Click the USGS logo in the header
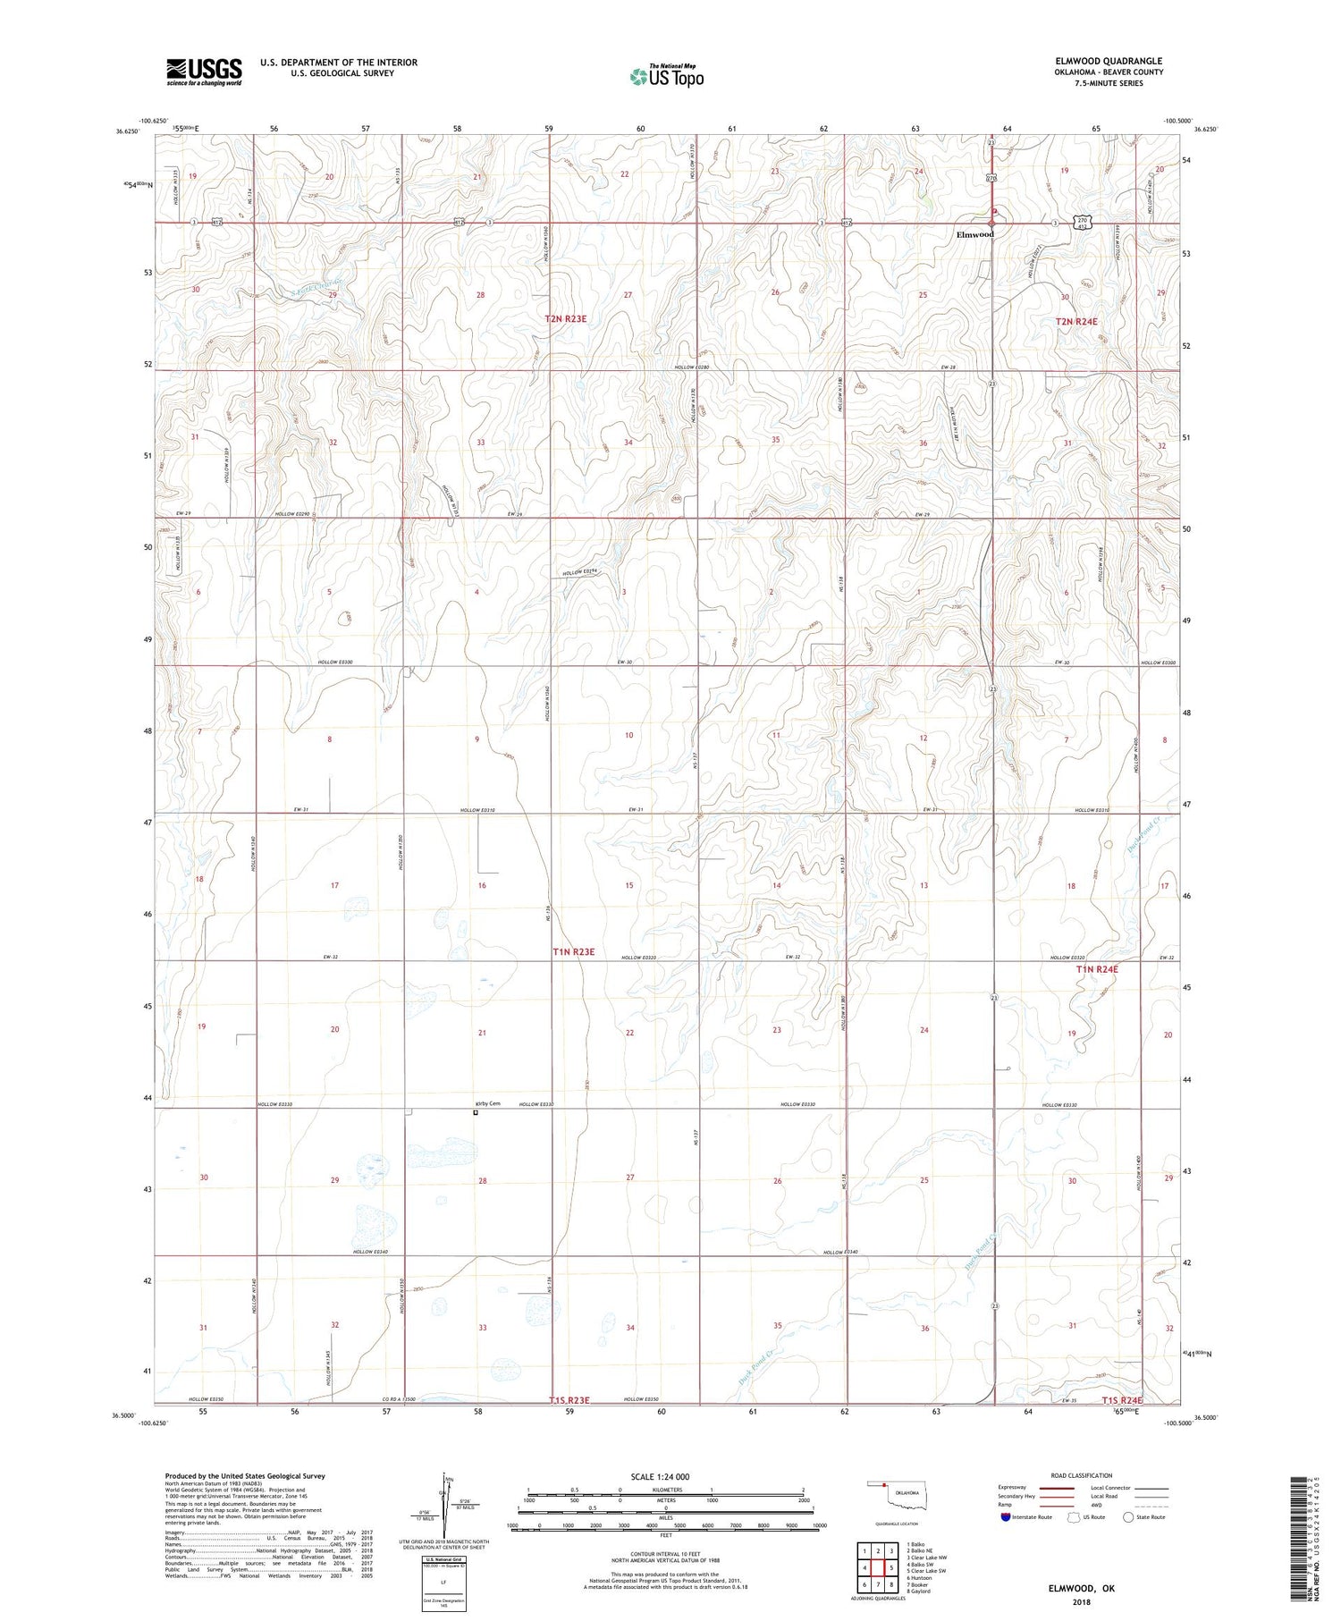(x=204, y=72)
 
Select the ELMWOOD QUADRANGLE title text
(x=1109, y=61)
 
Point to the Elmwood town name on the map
(x=974, y=234)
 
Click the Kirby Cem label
(x=487, y=1103)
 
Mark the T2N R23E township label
(x=572, y=318)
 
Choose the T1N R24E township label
(x=1097, y=968)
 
